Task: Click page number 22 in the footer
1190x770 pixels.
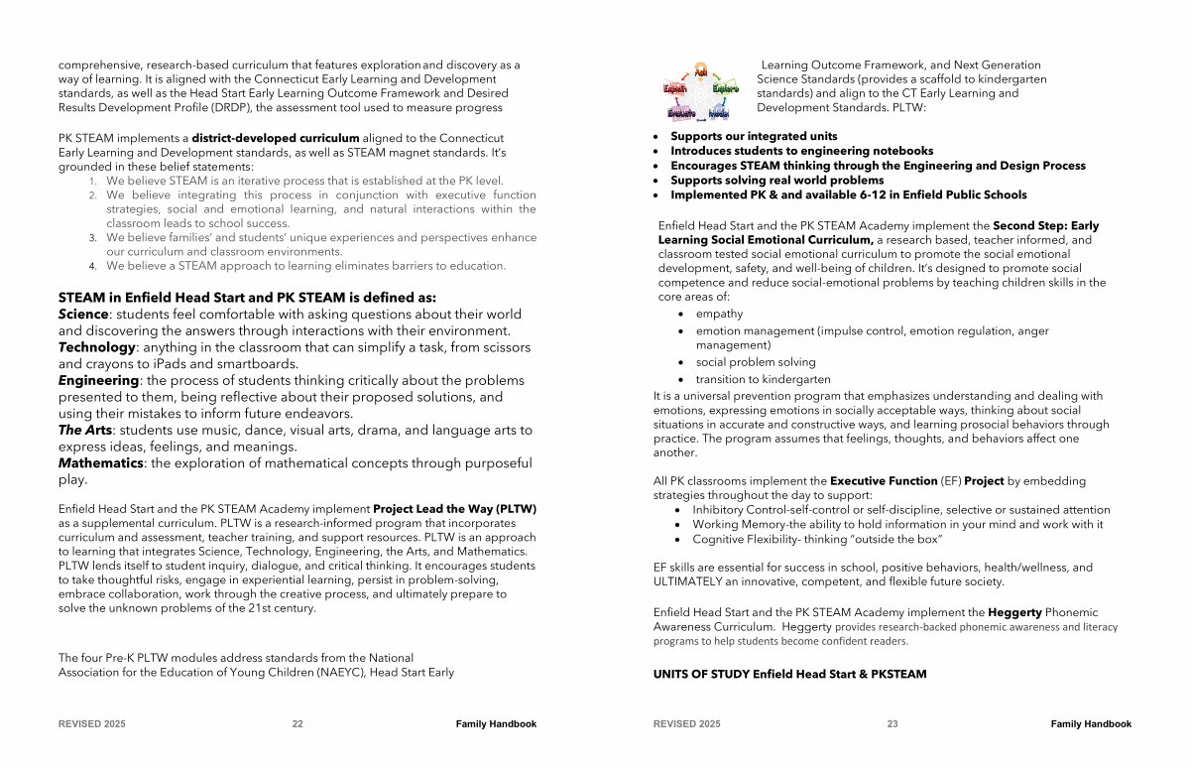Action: pyautogui.click(x=297, y=724)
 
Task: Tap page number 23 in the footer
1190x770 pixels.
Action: pyautogui.click(x=892, y=724)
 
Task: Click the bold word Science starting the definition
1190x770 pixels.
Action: pyautogui.click(x=82, y=315)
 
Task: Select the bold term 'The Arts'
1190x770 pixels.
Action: pyautogui.click(x=84, y=431)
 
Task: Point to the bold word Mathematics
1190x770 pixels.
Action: pyautogui.click(x=100, y=463)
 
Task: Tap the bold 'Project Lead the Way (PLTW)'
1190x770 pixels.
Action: pyautogui.click(x=454, y=509)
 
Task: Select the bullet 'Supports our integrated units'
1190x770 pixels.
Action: pyautogui.click(x=754, y=136)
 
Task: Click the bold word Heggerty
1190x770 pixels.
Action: pyautogui.click(x=1014, y=613)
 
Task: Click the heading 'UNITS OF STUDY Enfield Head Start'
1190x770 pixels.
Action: pyautogui.click(x=789, y=675)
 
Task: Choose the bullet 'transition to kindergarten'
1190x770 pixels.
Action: pyautogui.click(x=763, y=379)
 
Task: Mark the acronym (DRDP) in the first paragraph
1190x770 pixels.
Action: pyautogui.click(x=230, y=107)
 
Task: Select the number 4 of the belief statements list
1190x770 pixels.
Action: pyautogui.click(x=92, y=266)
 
